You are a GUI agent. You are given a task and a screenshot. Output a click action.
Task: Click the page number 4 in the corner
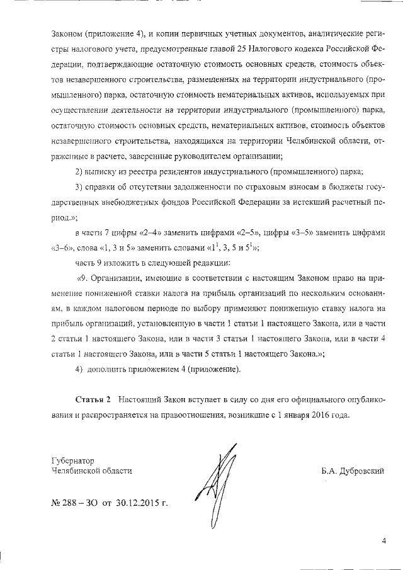point(383,540)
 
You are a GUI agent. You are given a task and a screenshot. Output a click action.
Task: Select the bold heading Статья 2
point(93,401)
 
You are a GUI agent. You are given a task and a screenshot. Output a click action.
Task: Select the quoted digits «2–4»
point(140,232)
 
